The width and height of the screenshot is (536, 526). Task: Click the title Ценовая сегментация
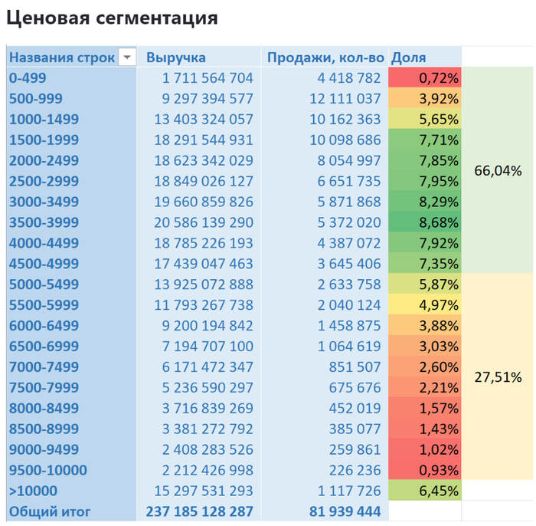pyautogui.click(x=112, y=18)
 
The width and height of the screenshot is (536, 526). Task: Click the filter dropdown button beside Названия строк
pyautogui.click(x=127, y=58)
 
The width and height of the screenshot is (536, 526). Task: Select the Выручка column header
pyautogui.click(x=175, y=58)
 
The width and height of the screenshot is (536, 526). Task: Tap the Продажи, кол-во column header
pyautogui.click(x=325, y=58)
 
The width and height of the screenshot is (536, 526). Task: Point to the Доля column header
pyautogui.click(x=408, y=58)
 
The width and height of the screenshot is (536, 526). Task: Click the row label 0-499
pyautogui.click(x=28, y=78)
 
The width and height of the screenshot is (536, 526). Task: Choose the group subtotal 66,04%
pyautogui.click(x=498, y=171)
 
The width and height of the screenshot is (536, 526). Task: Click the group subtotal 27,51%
pyautogui.click(x=498, y=377)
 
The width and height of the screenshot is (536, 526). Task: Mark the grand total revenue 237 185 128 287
pyautogui.click(x=199, y=511)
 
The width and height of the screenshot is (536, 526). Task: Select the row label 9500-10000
pyautogui.click(x=47, y=470)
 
